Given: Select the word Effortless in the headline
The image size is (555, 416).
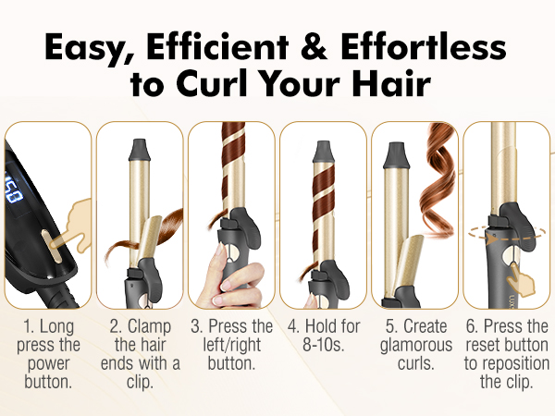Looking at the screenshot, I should (434, 46).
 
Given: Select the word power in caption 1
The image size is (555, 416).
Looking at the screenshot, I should (48, 361).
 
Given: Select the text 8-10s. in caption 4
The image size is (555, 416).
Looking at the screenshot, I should (323, 345).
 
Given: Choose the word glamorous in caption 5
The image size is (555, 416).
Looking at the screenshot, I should (413, 345).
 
